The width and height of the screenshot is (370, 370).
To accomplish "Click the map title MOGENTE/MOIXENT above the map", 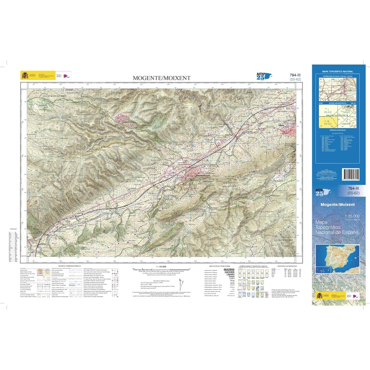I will [x=162, y=78].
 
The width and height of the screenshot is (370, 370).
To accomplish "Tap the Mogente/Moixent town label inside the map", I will [x=203, y=175].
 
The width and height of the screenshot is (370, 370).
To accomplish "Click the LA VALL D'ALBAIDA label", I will [x=285, y=240].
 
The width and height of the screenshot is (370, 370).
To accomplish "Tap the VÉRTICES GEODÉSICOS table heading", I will [x=287, y=266].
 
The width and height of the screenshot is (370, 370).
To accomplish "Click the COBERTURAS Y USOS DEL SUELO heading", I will [x=254, y=266].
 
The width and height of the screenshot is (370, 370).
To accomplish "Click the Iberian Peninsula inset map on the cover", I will [x=338, y=257].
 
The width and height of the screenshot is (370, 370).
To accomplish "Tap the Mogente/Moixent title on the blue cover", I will [x=338, y=204].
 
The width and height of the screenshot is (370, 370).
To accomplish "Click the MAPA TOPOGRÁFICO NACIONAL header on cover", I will [x=337, y=71].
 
